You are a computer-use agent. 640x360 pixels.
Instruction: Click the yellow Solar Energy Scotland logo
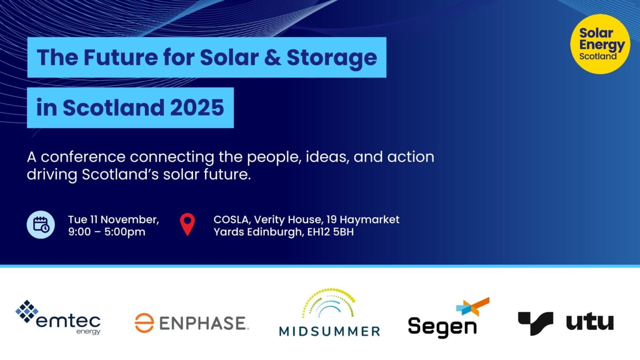(x=600, y=44)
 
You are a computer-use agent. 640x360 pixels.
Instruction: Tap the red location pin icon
(x=187, y=224)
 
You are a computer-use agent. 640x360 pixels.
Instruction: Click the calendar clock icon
(x=41, y=225)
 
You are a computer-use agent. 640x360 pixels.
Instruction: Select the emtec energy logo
(x=58, y=318)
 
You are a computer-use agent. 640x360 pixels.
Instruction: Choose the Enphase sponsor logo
(x=192, y=323)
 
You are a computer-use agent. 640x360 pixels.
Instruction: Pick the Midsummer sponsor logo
(x=329, y=312)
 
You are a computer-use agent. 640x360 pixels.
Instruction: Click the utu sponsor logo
(x=566, y=322)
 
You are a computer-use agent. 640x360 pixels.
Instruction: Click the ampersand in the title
(x=272, y=57)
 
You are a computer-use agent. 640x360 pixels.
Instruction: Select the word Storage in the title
(x=332, y=57)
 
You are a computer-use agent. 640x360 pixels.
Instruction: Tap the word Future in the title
(x=119, y=57)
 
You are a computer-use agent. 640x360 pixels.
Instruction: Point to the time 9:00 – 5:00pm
(x=107, y=232)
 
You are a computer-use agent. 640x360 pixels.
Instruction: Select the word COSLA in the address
(x=231, y=220)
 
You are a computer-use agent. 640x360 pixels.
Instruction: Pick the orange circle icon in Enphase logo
(x=144, y=323)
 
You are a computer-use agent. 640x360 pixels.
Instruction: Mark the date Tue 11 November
(x=113, y=220)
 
